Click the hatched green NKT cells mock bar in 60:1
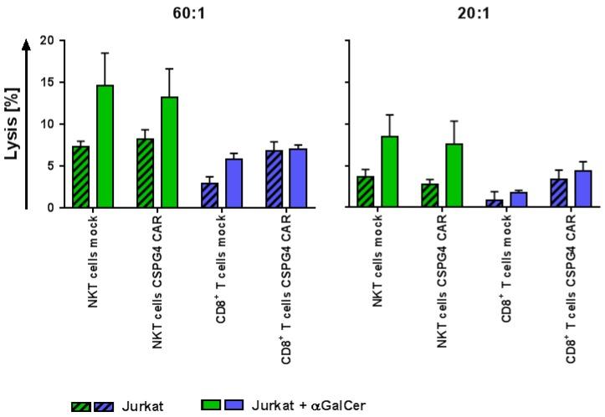pyautogui.click(x=81, y=176)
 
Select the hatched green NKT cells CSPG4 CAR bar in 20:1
pyautogui.click(x=431, y=196)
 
